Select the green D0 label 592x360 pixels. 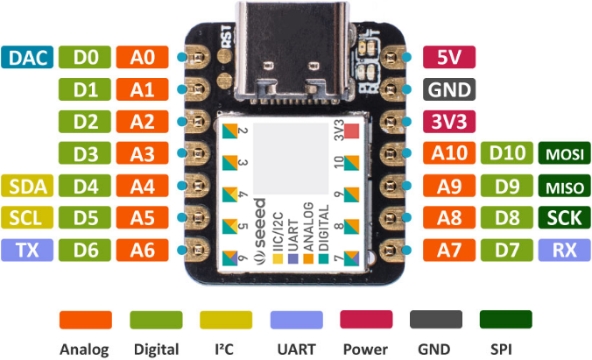(x=85, y=58)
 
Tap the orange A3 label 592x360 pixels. (x=142, y=154)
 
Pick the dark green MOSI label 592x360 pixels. (x=564, y=154)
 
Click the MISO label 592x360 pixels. (x=564, y=186)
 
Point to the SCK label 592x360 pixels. (x=564, y=218)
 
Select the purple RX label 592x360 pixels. (x=564, y=251)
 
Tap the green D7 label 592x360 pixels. (x=506, y=251)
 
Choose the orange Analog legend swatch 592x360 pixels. (x=85, y=320)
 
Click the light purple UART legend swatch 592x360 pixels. (x=296, y=320)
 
